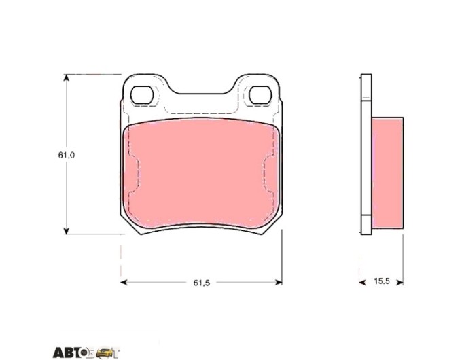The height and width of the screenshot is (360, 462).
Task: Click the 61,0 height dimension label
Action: [67, 155]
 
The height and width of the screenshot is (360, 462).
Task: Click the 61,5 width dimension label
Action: [202, 283]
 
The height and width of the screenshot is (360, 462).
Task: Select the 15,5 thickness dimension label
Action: [382, 281]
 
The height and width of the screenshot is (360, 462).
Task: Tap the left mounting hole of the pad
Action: [142, 95]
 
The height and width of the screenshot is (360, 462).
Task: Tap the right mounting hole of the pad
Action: [260, 95]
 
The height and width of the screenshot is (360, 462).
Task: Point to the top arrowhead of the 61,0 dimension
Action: [67, 78]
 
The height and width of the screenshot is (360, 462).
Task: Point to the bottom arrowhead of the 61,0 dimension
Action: [67, 231]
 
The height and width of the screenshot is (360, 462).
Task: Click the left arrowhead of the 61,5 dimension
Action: [124, 282]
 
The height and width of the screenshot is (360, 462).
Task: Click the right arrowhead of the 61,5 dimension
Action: [279, 282]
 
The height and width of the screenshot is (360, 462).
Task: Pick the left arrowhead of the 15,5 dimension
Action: [362, 283]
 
